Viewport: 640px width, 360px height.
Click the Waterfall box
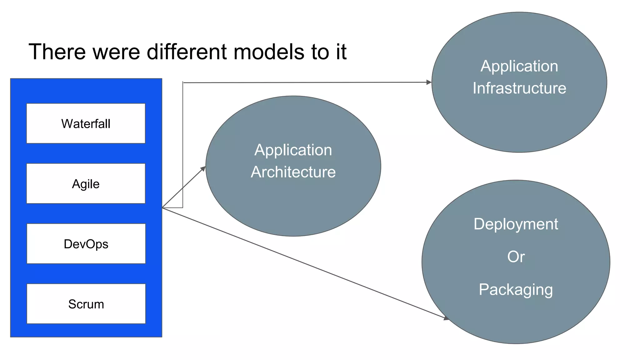(86, 123)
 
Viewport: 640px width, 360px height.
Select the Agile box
(86, 183)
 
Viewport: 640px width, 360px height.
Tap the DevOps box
(86, 244)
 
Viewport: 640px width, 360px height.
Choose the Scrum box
(86, 304)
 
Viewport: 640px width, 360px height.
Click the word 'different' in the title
(187, 52)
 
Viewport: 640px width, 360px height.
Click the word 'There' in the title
(57, 52)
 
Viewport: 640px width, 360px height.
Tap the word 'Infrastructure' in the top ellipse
(519, 88)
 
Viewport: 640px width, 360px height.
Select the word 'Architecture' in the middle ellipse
(293, 172)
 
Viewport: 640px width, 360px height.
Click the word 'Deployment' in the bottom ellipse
(516, 224)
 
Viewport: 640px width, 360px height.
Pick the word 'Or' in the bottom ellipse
(516, 257)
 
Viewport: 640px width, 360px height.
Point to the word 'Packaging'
(516, 290)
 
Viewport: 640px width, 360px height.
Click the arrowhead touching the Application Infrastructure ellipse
(429, 82)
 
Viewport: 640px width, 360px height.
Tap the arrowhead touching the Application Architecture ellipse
(203, 169)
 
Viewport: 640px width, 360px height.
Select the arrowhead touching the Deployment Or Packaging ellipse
(446, 318)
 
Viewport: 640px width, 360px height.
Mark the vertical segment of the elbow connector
(183, 144)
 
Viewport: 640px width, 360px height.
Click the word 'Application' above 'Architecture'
(293, 150)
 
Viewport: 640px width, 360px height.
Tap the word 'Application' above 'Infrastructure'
(519, 66)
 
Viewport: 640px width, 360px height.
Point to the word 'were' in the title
(116, 52)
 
